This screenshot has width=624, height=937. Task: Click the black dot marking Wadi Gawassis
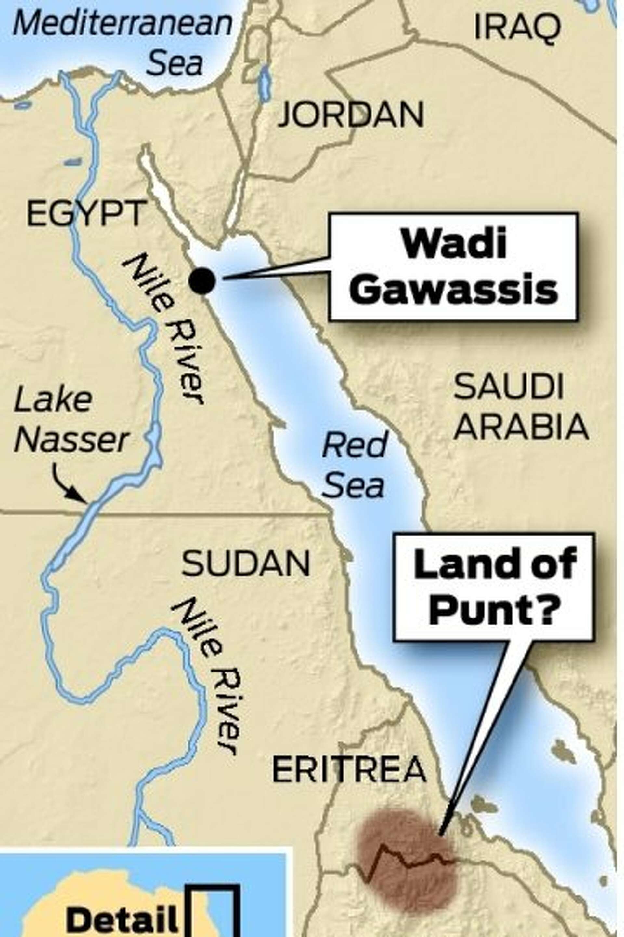tap(202, 281)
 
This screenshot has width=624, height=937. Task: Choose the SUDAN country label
tap(246, 564)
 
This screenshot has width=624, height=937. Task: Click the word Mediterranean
tap(123, 24)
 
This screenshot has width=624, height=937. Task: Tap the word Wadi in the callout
tap(454, 243)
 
